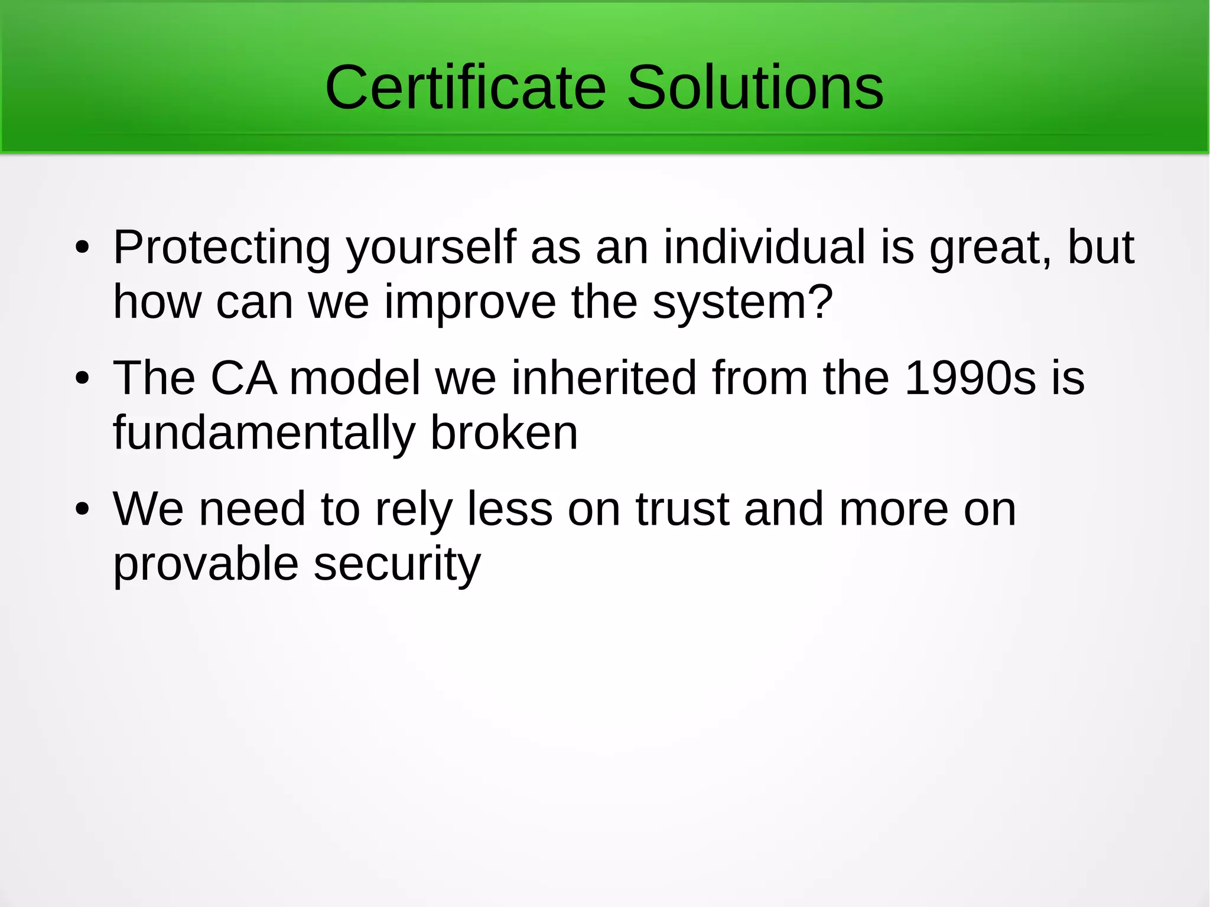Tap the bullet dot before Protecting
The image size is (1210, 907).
click(82, 248)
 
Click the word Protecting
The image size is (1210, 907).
click(222, 248)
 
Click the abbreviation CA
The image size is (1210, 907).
click(243, 378)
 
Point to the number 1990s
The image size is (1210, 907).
click(970, 378)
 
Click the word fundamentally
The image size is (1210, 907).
click(264, 433)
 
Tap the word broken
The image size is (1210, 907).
click(504, 433)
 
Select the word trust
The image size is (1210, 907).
click(682, 509)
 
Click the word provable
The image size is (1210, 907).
click(206, 564)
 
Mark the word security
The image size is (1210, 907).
click(397, 564)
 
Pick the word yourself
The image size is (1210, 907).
click(431, 248)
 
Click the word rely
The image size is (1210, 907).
click(414, 510)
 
